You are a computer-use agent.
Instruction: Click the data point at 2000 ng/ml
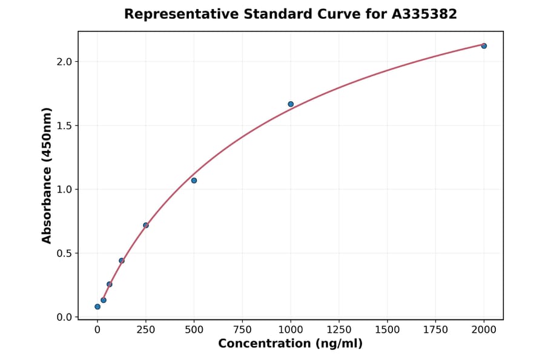pyautogui.click(x=484, y=46)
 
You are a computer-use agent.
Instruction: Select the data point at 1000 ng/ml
pyautogui.click(x=291, y=104)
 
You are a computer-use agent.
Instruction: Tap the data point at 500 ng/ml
pyautogui.click(x=194, y=181)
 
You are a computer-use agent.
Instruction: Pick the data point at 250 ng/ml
pyautogui.click(x=146, y=225)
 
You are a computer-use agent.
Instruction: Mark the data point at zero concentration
pyautogui.click(x=97, y=307)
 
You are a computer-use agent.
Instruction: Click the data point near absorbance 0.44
pyautogui.click(x=122, y=261)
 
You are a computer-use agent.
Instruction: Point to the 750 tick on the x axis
pyautogui.click(x=242, y=330)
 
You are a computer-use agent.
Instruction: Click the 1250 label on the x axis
pyautogui.click(x=339, y=330)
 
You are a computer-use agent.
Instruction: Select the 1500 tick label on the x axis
pyautogui.click(x=387, y=330)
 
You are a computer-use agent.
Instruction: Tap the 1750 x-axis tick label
pyautogui.click(x=435, y=330)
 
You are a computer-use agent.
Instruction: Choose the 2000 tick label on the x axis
pyautogui.click(x=484, y=330)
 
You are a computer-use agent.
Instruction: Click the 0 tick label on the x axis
pyautogui.click(x=97, y=330)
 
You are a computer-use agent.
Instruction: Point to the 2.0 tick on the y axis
pyautogui.click(x=65, y=62)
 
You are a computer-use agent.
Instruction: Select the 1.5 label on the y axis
pyautogui.click(x=65, y=125)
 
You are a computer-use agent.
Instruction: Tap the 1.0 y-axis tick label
pyautogui.click(x=65, y=190)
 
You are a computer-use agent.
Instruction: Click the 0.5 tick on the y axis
pyautogui.click(x=65, y=253)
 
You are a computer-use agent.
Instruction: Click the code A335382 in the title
pyautogui.click(x=424, y=14)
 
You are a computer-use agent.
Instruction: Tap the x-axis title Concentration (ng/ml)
pyautogui.click(x=290, y=344)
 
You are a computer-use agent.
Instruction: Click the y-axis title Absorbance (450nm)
pyautogui.click(x=47, y=175)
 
